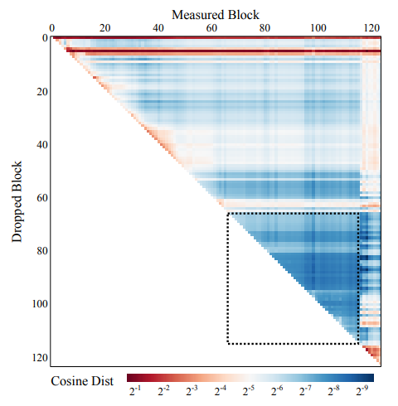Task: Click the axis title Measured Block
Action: click(x=216, y=15)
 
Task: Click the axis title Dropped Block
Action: click(x=17, y=202)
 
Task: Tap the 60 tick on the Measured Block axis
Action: click(x=211, y=28)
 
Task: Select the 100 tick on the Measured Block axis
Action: click(x=318, y=28)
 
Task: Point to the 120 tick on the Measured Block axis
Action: click(x=371, y=28)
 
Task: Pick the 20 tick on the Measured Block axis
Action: click(x=104, y=28)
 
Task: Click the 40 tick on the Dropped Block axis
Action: click(x=42, y=144)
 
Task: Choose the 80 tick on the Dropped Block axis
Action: click(x=42, y=251)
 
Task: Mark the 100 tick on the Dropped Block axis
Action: click(x=40, y=304)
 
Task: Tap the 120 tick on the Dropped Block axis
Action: click(x=40, y=358)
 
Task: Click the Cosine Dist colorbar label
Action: click(x=82, y=381)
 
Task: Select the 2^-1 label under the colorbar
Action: click(x=135, y=390)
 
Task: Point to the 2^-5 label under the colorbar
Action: click(x=249, y=390)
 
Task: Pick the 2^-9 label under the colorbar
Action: click(x=362, y=390)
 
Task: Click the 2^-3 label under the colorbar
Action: click(x=192, y=390)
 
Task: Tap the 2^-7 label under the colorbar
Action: click(x=305, y=390)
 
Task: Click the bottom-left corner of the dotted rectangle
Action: click(x=228, y=344)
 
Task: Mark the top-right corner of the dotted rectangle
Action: click(x=358, y=213)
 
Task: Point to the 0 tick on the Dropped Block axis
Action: click(x=45, y=38)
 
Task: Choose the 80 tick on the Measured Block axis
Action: click(x=265, y=28)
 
